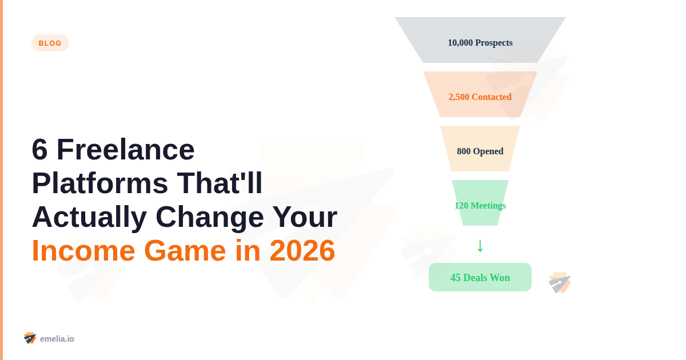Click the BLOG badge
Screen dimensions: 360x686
coord(50,43)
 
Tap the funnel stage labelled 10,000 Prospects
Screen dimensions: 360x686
coord(480,42)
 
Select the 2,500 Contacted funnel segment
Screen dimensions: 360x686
coord(480,97)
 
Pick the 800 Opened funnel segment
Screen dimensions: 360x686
coord(480,151)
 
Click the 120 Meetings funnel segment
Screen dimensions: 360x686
coord(480,205)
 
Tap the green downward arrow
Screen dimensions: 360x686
coord(480,246)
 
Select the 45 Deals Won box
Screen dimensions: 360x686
coord(480,277)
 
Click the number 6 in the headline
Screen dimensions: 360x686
coord(39,150)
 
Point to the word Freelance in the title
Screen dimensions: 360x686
coord(125,150)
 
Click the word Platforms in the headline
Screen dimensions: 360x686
coord(99,183)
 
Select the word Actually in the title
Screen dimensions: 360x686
coord(89,217)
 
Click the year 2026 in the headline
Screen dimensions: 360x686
coord(302,250)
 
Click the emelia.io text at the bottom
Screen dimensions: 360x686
coord(57,339)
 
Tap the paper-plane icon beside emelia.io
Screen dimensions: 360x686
coord(30,338)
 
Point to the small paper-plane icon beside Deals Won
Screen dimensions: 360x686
coord(559,283)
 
